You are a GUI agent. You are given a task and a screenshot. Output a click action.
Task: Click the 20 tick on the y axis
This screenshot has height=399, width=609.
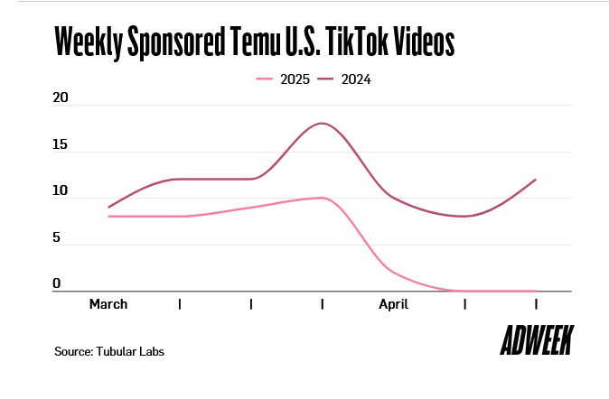click(61, 97)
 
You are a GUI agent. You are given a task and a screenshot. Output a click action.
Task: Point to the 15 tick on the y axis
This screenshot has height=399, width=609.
click(61, 144)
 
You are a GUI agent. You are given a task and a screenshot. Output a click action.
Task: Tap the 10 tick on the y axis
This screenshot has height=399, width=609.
click(61, 191)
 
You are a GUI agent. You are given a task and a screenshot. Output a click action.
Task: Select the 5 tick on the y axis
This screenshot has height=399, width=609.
click(57, 238)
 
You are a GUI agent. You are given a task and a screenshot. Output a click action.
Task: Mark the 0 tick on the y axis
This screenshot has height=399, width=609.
click(57, 284)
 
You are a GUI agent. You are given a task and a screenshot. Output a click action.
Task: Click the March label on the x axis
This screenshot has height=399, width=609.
click(108, 304)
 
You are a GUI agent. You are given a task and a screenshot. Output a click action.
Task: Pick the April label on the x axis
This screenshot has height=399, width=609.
click(394, 304)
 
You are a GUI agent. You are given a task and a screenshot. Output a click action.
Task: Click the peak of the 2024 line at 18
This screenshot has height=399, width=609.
click(323, 123)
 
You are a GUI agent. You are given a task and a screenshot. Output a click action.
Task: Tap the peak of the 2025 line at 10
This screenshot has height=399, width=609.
click(321, 198)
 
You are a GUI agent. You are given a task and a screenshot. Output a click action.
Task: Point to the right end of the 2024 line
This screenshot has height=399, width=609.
click(536, 180)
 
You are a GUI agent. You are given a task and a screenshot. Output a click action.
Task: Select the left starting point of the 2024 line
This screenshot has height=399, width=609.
click(108, 208)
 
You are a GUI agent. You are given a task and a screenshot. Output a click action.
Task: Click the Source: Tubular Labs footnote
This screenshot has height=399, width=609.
click(109, 350)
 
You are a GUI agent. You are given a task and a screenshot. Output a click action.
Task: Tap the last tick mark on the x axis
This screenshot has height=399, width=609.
click(537, 304)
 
